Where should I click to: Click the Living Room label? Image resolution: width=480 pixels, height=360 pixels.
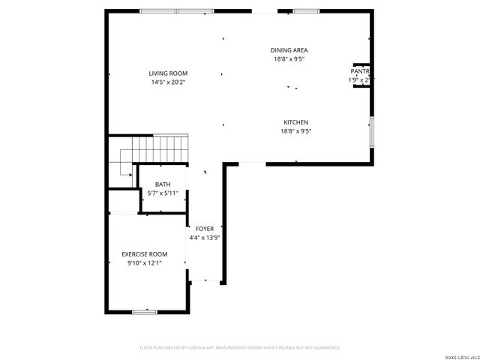(x=168, y=73)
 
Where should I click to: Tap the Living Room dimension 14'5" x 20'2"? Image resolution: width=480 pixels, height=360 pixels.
(x=168, y=82)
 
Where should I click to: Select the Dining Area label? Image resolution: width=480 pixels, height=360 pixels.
(x=289, y=50)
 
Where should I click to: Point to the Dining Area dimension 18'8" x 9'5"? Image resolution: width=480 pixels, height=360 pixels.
(x=289, y=58)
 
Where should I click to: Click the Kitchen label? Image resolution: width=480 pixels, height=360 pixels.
(x=295, y=122)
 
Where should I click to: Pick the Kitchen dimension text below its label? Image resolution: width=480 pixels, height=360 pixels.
(x=295, y=130)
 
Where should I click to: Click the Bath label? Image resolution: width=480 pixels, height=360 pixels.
(x=163, y=184)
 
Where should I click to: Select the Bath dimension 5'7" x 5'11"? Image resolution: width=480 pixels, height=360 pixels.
(x=163, y=193)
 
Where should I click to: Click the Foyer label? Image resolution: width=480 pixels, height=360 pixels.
(x=205, y=229)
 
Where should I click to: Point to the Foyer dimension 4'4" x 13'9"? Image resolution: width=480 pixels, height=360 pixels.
(x=205, y=238)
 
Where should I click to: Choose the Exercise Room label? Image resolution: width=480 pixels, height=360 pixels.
(x=145, y=254)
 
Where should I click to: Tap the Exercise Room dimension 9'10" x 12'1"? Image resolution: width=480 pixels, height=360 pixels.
(x=145, y=262)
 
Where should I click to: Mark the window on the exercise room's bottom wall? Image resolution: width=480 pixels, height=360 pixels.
(x=145, y=311)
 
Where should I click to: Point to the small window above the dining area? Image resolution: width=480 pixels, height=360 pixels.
(x=305, y=10)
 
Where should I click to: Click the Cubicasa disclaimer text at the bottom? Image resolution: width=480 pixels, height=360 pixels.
(x=240, y=348)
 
